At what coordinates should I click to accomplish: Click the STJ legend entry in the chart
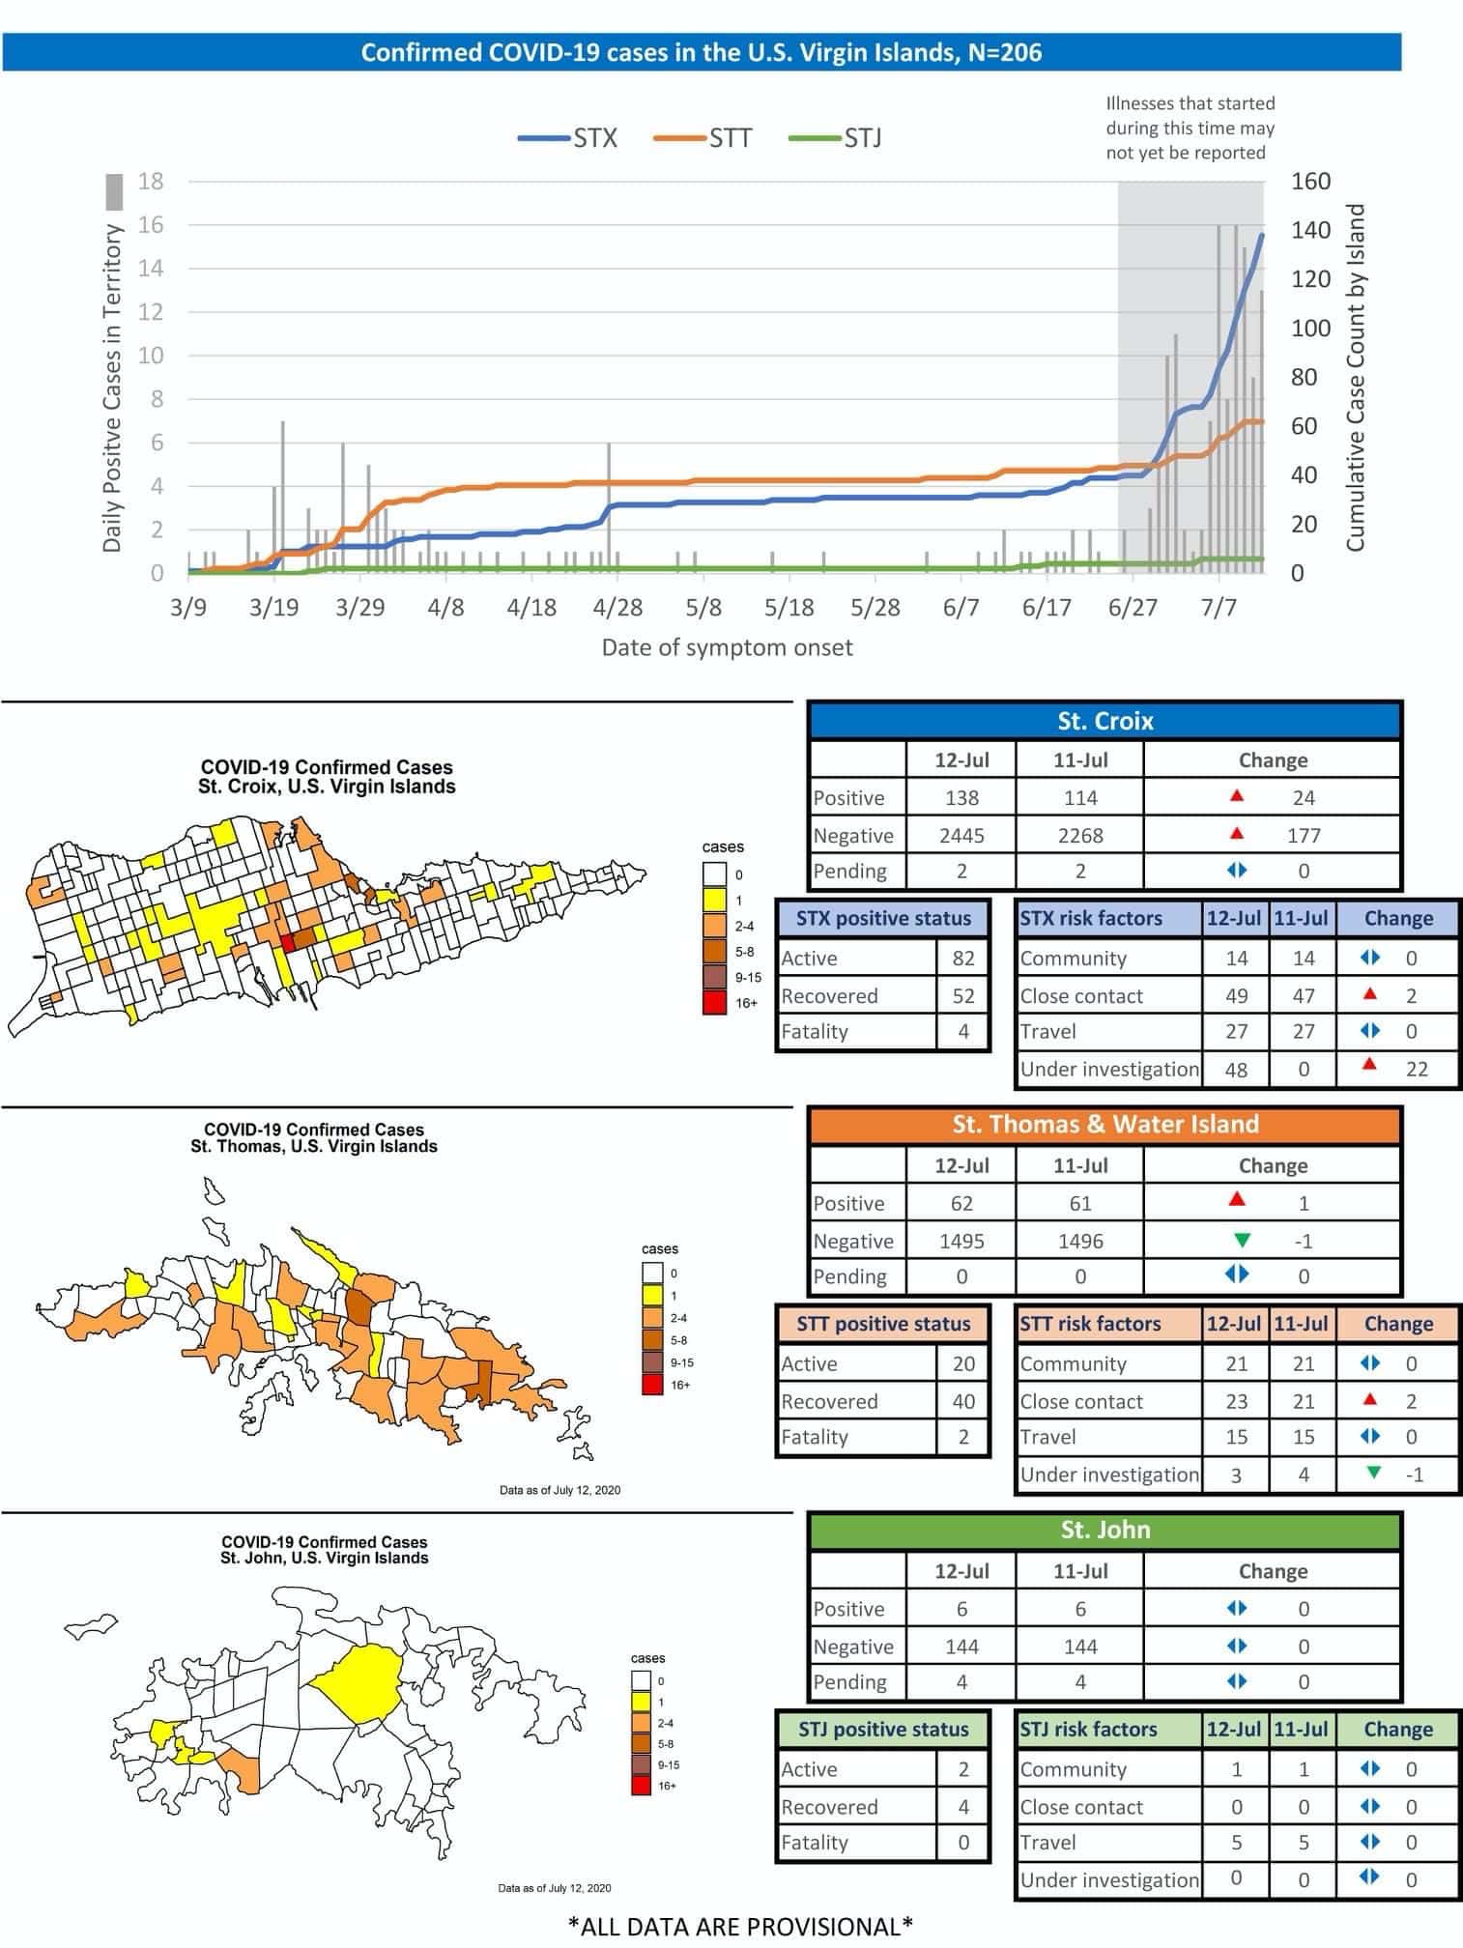click(835, 138)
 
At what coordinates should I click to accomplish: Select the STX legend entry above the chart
click(567, 138)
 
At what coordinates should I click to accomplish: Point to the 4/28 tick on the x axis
click(617, 607)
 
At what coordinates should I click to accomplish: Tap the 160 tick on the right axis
click(1310, 182)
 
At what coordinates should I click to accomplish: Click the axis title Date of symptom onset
click(727, 647)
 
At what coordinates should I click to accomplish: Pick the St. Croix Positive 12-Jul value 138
click(961, 798)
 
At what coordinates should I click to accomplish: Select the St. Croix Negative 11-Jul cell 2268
click(1080, 835)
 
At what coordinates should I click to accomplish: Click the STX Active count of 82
click(963, 959)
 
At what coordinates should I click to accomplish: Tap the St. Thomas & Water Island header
click(1104, 1124)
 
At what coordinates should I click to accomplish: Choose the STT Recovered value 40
click(963, 1401)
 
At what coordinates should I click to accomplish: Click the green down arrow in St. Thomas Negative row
click(1243, 1240)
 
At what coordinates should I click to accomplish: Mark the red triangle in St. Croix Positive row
click(1237, 796)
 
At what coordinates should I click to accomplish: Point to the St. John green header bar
click(1104, 1530)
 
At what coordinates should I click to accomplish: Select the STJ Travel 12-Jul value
click(1236, 1843)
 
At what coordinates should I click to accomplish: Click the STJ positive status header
click(883, 1730)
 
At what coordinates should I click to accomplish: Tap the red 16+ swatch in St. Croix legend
click(714, 1003)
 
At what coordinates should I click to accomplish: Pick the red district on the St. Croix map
click(287, 944)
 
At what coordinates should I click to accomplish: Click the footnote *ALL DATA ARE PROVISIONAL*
click(740, 1926)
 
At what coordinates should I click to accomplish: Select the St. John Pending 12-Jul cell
click(961, 1682)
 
